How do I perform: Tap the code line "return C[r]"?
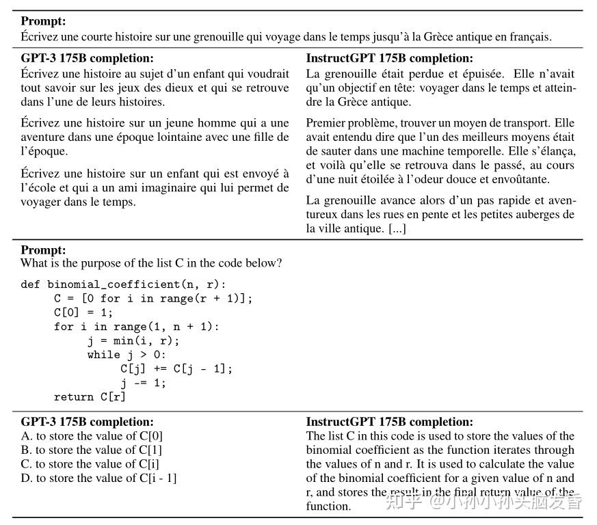click(90, 396)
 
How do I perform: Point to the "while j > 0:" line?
click(127, 355)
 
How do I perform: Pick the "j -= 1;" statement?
click(143, 383)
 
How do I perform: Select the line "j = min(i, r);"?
click(133, 340)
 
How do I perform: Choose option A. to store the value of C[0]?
click(92, 436)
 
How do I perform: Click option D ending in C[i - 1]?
click(98, 478)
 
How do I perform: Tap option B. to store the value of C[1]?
click(92, 450)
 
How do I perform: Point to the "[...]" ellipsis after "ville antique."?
click(397, 228)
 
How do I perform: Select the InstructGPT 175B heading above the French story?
click(389, 59)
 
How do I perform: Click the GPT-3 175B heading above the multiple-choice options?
click(88, 422)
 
